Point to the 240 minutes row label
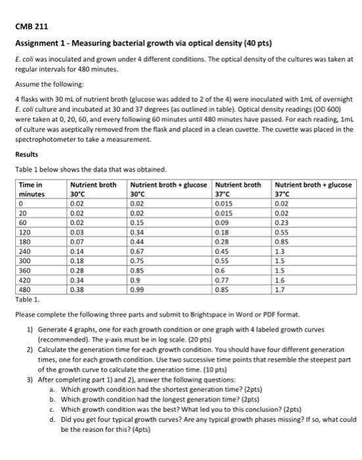click(x=24, y=251)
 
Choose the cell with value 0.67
click(x=138, y=251)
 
